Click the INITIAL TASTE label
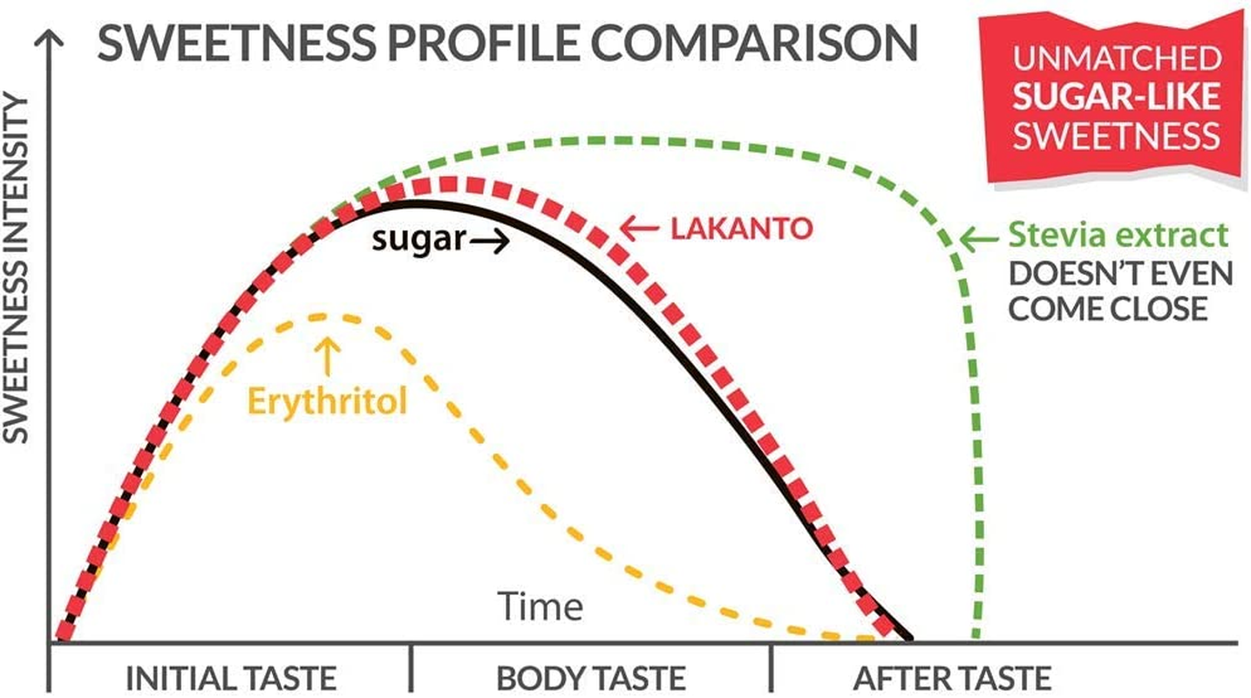coord(231,678)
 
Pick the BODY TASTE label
coord(591,678)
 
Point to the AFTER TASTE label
coord(952,678)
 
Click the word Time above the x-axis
coord(540,606)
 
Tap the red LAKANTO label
coord(742,229)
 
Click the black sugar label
coord(418,238)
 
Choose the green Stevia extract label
coord(1118,236)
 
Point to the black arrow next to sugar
coord(488,243)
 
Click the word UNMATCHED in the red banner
coord(1116,58)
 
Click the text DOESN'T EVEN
coord(1120,273)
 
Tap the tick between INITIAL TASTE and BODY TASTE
coord(410,668)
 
